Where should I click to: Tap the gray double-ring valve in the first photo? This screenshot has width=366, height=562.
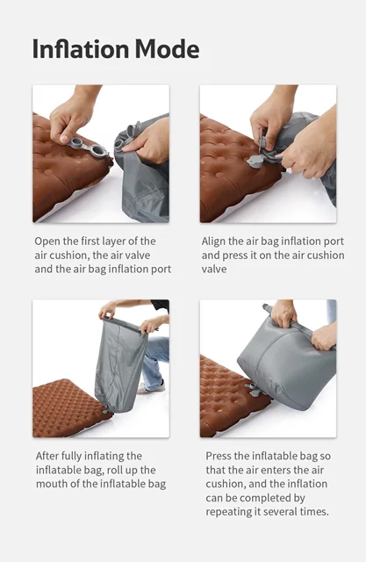(88, 147)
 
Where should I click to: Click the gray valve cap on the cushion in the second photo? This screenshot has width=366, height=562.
(255, 162)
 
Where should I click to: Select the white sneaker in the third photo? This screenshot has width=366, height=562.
(151, 387)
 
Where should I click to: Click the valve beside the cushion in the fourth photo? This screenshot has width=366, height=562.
(252, 390)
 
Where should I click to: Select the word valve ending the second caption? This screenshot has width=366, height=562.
(214, 270)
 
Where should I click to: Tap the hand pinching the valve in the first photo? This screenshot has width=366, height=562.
(72, 119)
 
